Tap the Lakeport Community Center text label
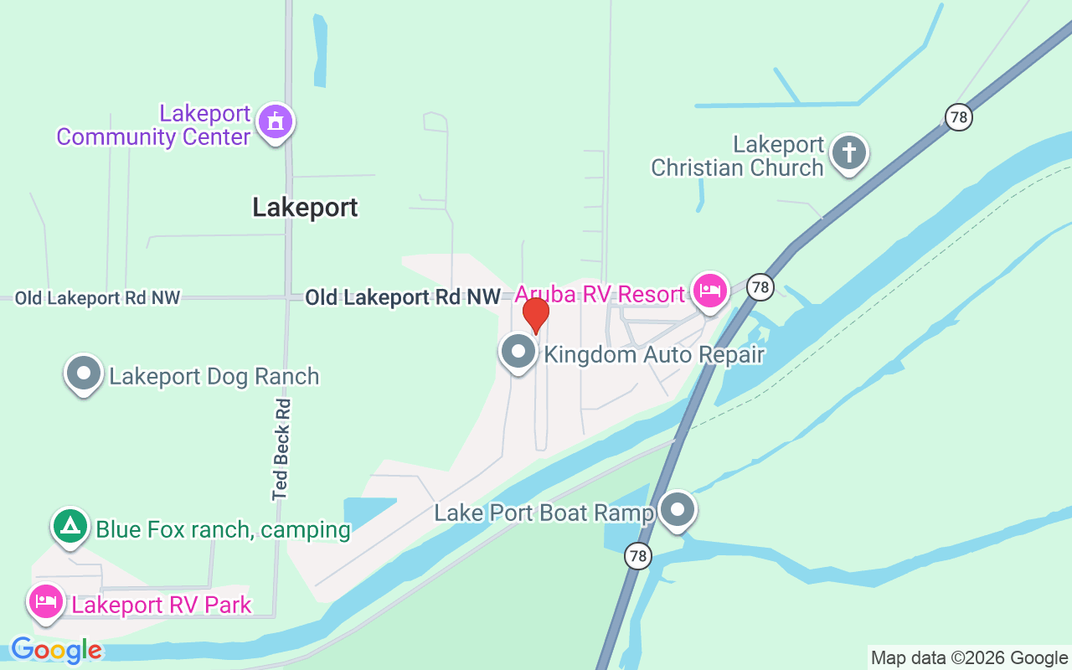click(x=154, y=126)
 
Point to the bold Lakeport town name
click(x=305, y=208)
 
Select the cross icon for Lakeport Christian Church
click(x=849, y=153)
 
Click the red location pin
click(x=536, y=314)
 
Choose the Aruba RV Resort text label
click(x=600, y=295)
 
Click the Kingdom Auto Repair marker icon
click(x=518, y=351)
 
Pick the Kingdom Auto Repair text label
click(x=654, y=354)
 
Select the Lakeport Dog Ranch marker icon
click(x=84, y=373)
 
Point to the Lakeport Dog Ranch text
click(x=214, y=376)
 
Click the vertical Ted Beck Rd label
click(x=281, y=449)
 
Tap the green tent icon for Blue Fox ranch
click(x=70, y=526)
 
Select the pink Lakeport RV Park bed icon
click(x=46, y=601)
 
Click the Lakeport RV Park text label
click(x=162, y=605)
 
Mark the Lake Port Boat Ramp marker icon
click(x=678, y=508)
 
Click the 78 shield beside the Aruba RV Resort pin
click(x=760, y=287)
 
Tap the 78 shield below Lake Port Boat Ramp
click(x=638, y=555)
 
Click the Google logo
click(x=56, y=650)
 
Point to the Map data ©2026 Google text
click(x=969, y=658)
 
